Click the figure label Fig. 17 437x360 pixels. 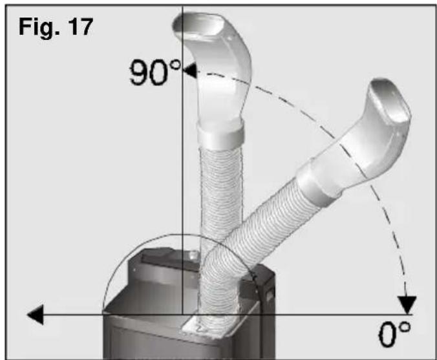56,27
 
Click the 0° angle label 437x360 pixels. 394,334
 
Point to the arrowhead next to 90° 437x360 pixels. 189,70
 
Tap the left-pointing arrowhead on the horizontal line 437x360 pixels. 36,315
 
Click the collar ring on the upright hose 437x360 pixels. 220,133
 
